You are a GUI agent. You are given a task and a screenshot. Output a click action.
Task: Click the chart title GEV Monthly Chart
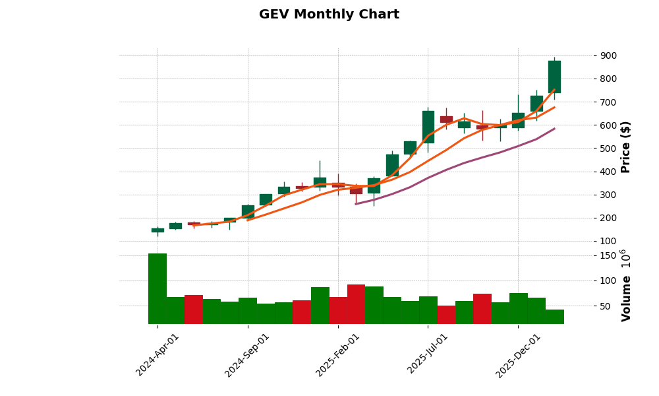(329, 15)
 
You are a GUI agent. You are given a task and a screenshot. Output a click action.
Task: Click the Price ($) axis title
(625, 147)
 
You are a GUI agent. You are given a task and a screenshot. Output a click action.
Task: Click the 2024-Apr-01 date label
(158, 354)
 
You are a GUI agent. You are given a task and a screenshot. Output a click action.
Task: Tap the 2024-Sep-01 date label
(248, 354)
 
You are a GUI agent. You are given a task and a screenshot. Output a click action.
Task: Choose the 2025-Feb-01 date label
(338, 354)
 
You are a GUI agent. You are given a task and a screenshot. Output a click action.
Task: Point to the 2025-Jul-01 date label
(428, 354)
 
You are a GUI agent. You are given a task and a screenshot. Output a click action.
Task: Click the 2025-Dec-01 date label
(519, 354)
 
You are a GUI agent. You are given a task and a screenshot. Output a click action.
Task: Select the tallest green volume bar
(158, 288)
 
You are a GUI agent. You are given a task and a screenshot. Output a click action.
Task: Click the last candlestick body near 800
(554, 77)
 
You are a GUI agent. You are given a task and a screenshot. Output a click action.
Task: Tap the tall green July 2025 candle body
(428, 127)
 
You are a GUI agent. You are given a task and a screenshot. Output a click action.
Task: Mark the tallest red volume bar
(356, 304)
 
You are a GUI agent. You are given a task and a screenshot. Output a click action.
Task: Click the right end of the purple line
(554, 129)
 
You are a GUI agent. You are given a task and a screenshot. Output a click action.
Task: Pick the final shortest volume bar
(554, 317)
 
